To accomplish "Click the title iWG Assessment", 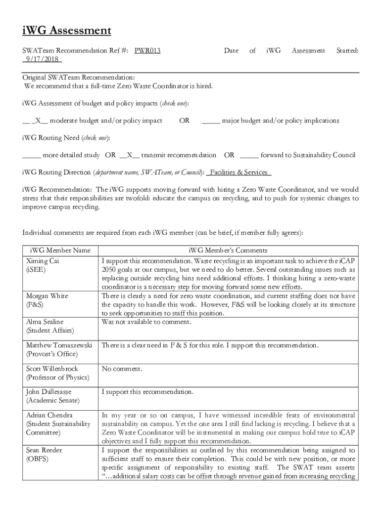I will tap(66, 31).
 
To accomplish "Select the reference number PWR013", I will tap(147, 50).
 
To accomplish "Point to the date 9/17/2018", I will tap(42, 59).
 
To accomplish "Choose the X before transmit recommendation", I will tap(130, 155).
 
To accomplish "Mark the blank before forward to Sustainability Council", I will tap(249, 155).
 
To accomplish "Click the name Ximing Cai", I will tap(43, 260).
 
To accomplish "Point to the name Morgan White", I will tap(47, 296).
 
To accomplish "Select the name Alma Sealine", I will tap(45, 322).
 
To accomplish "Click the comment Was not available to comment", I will tap(146, 322).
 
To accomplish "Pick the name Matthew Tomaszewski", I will tap(59, 345).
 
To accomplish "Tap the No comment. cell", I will tap(122, 369).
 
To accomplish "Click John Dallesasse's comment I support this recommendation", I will tap(147, 392).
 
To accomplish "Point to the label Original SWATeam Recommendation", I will tap(78, 78).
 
